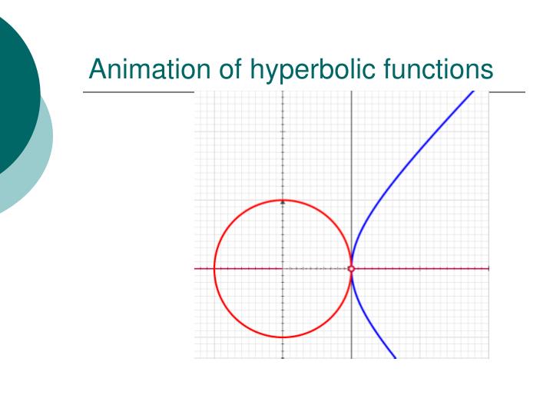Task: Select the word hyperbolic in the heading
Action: [308, 71]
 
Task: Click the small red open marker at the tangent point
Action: [352, 269]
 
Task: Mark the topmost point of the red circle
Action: [283, 200]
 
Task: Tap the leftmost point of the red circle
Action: [214, 269]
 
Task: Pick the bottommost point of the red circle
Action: [283, 337]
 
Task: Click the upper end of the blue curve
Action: [473, 91]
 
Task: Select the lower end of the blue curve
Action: [395, 358]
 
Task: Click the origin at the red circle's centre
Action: [283, 269]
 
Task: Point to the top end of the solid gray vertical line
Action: [352, 91]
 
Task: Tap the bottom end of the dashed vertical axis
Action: [283, 358]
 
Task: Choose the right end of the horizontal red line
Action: [488, 269]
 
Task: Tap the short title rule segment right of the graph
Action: [507, 92]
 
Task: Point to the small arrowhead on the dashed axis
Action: [283, 202]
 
